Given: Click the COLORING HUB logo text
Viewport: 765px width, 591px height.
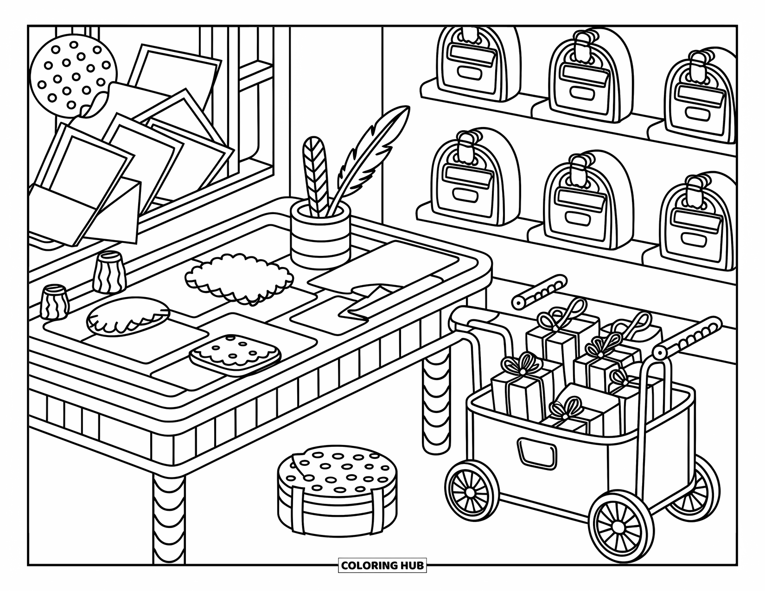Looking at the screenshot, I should pyautogui.click(x=382, y=566).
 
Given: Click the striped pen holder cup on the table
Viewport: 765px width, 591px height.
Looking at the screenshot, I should pyautogui.click(x=320, y=239).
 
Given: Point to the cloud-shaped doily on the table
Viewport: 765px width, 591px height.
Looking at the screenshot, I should pyautogui.click(x=239, y=278).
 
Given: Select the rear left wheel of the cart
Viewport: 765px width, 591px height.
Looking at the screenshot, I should pyautogui.click(x=469, y=491).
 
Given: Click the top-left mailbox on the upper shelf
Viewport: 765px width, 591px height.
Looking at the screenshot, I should pyautogui.click(x=478, y=65).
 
